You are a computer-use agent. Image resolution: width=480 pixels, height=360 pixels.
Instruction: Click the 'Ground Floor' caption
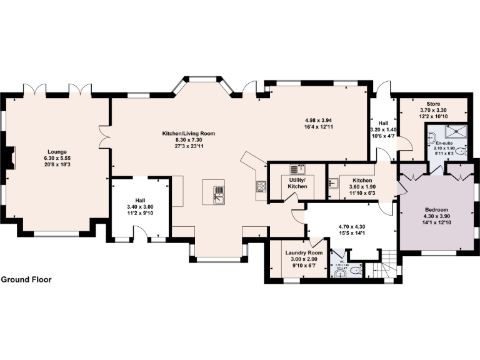[26, 279]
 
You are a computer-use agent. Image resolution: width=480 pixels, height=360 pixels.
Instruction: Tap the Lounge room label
[57, 151]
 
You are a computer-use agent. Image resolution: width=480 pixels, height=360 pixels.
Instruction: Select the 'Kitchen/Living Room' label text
[189, 133]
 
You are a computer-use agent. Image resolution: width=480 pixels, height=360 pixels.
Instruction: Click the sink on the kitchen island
[219, 193]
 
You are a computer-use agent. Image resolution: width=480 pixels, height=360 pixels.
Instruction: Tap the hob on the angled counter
[261, 186]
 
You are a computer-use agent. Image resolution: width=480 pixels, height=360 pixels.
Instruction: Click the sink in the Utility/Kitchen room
[297, 169]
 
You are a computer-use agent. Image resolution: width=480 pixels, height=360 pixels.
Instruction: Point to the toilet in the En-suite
[461, 151]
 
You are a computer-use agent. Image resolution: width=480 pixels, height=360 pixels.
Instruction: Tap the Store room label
[434, 104]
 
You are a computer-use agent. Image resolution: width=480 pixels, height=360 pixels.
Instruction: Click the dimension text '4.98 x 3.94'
[321, 120]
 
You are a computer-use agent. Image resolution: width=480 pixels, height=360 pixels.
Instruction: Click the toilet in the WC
[355, 271]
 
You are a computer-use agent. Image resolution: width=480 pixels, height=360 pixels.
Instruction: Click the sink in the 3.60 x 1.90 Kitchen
[334, 182]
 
